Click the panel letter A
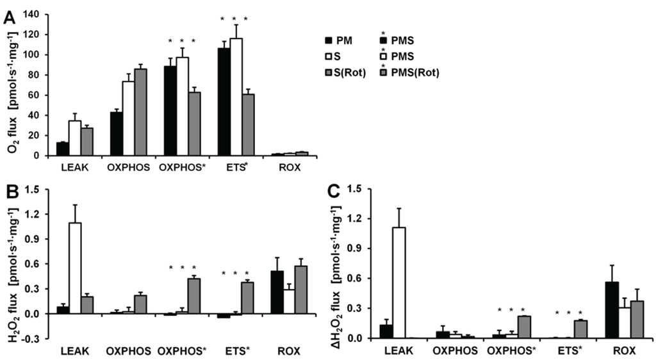point(9,19)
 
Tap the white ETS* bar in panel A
point(236,97)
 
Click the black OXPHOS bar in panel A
point(116,134)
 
